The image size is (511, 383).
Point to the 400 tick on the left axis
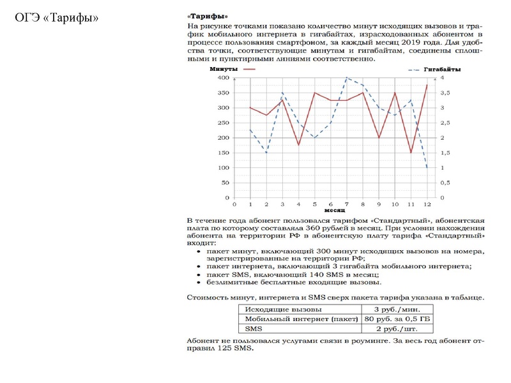tap(224, 78)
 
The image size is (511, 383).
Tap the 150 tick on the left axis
tap(224, 153)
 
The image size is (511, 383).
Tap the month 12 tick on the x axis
tap(427, 204)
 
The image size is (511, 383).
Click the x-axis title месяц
tap(334, 210)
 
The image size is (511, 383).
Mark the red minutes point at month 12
tap(427, 85)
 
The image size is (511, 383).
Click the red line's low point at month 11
tap(411, 153)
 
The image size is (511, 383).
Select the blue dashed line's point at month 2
tap(266, 153)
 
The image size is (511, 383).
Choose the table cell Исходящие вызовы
tap(277, 309)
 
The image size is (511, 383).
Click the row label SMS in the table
tap(255, 328)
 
